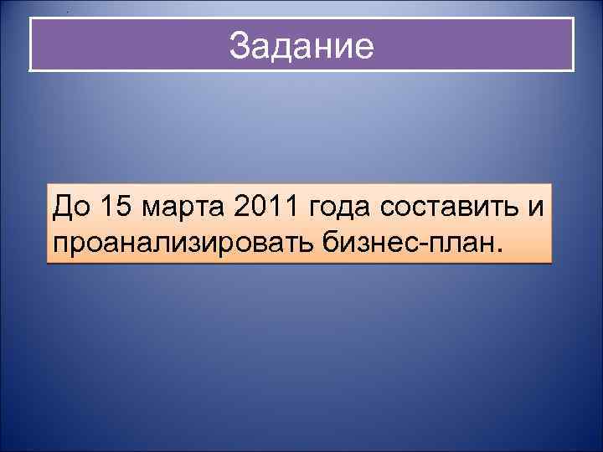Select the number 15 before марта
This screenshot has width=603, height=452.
[114, 203]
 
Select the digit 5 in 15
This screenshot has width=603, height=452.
[121, 203]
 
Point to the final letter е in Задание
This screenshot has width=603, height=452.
[364, 47]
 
